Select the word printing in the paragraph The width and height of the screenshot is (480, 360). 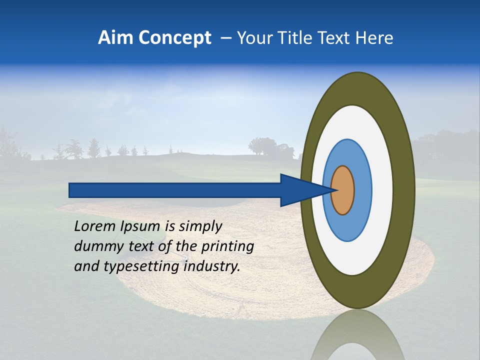[227, 246]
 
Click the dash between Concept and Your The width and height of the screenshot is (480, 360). [225, 38]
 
